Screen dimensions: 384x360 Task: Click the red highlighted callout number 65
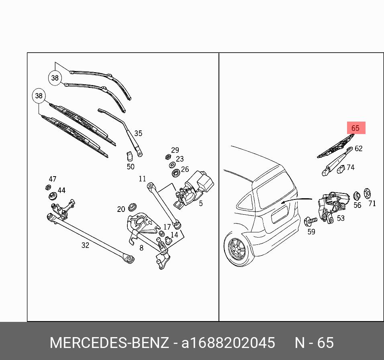pyautogui.click(x=355, y=128)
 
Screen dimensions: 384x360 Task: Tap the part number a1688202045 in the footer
pyautogui.click(x=228, y=343)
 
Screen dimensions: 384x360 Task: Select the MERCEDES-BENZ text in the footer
pyautogui.click(x=109, y=343)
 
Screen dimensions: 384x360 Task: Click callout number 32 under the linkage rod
pyautogui.click(x=85, y=245)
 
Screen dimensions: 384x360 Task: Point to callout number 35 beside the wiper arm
pyautogui.click(x=138, y=133)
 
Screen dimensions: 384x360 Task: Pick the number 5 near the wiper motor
pyautogui.click(x=201, y=203)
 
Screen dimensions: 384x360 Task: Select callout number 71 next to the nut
pyautogui.click(x=372, y=203)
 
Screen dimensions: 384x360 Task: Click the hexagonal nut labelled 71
pyautogui.click(x=367, y=193)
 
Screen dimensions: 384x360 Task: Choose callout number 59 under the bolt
pyautogui.click(x=311, y=231)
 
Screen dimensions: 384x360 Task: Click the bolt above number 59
pyautogui.click(x=310, y=220)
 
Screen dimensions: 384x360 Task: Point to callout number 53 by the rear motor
pyautogui.click(x=341, y=218)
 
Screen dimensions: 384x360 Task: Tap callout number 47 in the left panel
pyautogui.click(x=53, y=179)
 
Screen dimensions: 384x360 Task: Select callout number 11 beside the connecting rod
pyautogui.click(x=142, y=179)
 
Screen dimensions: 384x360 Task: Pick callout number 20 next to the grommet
pyautogui.click(x=121, y=209)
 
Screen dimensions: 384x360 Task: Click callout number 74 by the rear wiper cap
pyautogui.click(x=351, y=167)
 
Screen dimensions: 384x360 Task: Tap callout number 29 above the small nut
pyautogui.click(x=175, y=150)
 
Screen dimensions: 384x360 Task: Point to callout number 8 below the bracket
pyautogui.click(x=141, y=248)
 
